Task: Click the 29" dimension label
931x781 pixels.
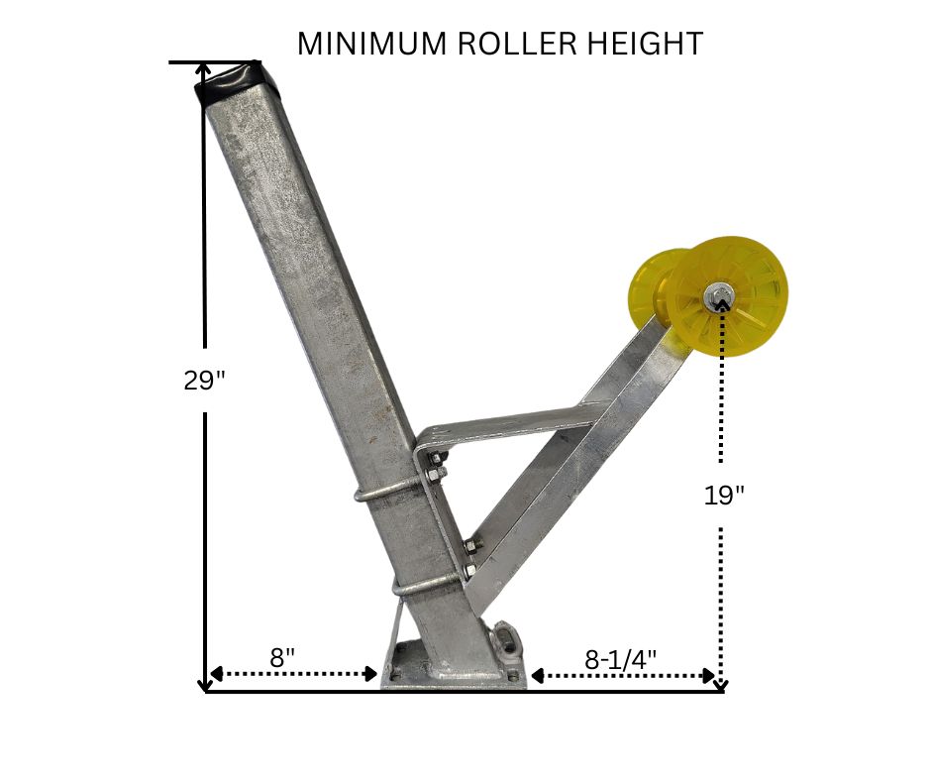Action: [x=205, y=381]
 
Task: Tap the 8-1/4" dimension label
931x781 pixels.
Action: [x=621, y=659]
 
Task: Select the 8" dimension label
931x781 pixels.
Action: [x=282, y=658]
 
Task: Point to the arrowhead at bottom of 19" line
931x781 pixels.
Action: [x=722, y=683]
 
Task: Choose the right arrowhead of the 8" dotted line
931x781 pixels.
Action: [x=372, y=674]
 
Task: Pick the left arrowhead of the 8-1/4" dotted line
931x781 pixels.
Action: [x=537, y=675]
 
